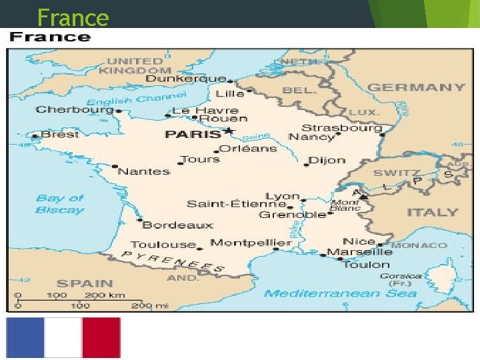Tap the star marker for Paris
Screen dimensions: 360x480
click(228, 130)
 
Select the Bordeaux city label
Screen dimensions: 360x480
click(178, 225)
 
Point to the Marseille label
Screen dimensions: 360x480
click(359, 252)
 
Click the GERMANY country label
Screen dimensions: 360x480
click(417, 87)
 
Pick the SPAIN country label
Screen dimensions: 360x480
click(85, 283)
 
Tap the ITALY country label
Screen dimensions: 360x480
click(433, 213)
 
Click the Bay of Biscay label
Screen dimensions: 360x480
click(60, 203)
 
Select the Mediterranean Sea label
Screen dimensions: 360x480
click(340, 293)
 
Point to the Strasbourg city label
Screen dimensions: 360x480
click(342, 127)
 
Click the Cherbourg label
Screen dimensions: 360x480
click(74, 109)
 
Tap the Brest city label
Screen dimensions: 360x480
click(60, 134)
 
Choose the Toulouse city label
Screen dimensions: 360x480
click(163, 245)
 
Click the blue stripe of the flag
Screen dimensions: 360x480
click(25, 337)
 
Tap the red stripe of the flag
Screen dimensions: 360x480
click(101, 337)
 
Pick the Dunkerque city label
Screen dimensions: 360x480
click(185, 79)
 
